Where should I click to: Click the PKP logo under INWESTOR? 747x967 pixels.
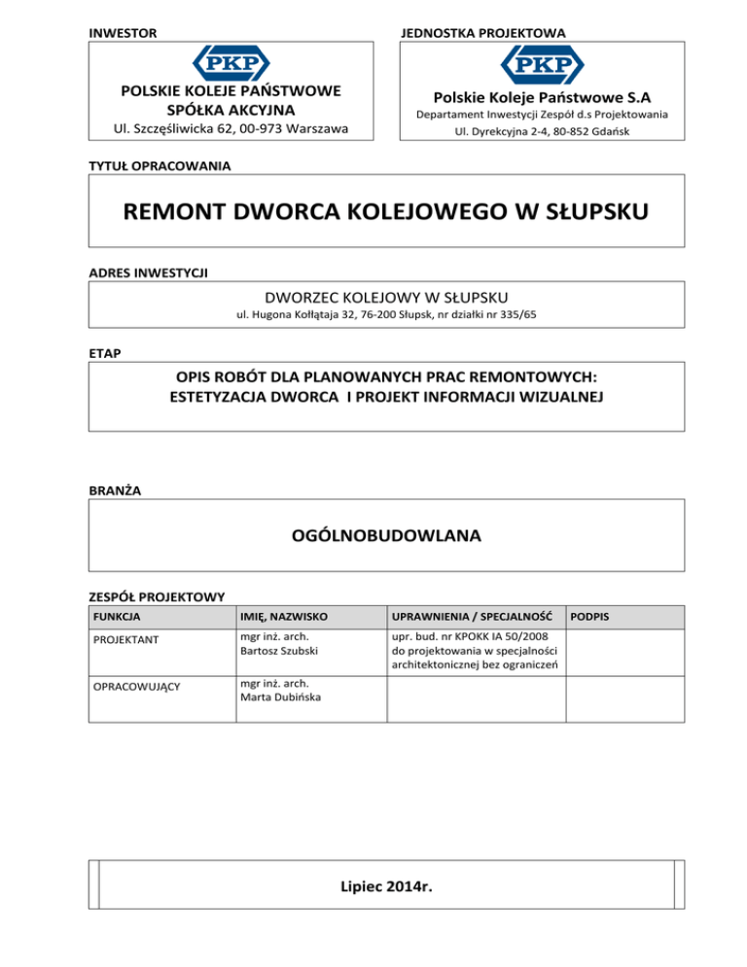click(x=230, y=65)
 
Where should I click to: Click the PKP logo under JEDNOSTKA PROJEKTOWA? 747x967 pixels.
click(x=542, y=65)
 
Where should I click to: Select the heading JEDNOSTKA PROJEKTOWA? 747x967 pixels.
click(x=482, y=33)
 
